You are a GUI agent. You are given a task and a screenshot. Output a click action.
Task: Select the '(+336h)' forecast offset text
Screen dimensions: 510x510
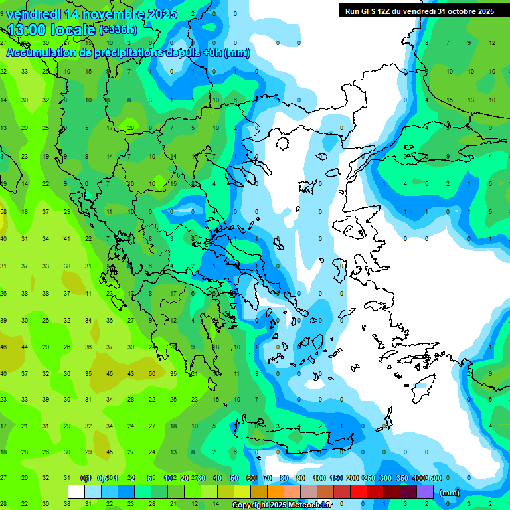pos(118,30)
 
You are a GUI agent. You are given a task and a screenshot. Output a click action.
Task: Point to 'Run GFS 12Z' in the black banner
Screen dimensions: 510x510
pos(368,11)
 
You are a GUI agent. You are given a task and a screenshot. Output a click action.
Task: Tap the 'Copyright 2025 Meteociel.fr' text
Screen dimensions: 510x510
pos(282,505)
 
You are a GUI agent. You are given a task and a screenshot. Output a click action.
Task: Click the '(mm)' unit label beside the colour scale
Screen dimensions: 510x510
pos(450,493)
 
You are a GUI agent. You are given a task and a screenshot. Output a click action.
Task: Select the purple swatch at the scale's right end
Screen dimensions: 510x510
pos(425,492)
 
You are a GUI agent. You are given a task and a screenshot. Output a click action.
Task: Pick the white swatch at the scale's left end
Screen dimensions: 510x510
pos(76,492)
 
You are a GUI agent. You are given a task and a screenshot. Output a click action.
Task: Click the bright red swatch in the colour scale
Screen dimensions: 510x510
pos(359,492)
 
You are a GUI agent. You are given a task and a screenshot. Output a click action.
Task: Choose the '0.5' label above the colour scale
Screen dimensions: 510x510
pos(102,478)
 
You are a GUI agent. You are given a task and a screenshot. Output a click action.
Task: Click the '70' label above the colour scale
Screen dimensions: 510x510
pos(268,478)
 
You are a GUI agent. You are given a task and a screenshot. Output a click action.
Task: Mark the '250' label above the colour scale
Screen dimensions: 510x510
pos(369,478)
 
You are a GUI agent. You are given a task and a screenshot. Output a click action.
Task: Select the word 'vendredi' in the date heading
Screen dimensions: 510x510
pos(32,14)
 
